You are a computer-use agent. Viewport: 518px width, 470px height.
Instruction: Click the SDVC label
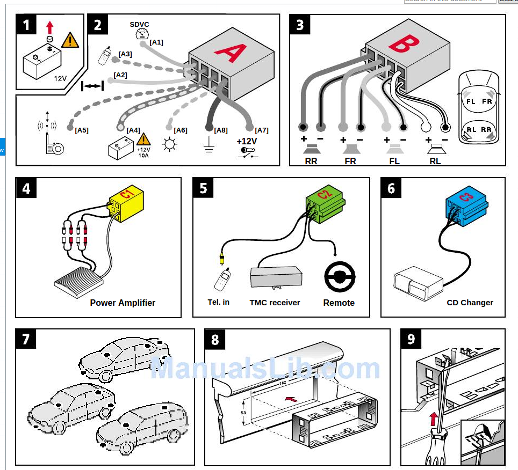[139, 24]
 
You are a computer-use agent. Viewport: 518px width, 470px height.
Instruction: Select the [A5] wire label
[82, 130]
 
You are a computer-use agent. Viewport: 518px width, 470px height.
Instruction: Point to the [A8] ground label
[221, 130]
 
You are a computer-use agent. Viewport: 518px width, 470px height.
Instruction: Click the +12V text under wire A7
[247, 142]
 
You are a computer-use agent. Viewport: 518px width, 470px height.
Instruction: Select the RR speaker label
[311, 160]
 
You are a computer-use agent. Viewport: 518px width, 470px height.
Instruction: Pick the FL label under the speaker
[394, 160]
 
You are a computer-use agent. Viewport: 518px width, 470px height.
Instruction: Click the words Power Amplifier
[123, 303]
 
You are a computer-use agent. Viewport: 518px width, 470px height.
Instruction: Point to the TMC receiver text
[275, 303]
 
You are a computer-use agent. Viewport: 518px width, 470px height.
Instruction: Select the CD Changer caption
[470, 303]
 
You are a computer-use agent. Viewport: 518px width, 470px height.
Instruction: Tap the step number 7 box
[26, 340]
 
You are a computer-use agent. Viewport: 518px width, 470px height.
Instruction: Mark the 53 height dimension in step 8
[243, 412]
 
